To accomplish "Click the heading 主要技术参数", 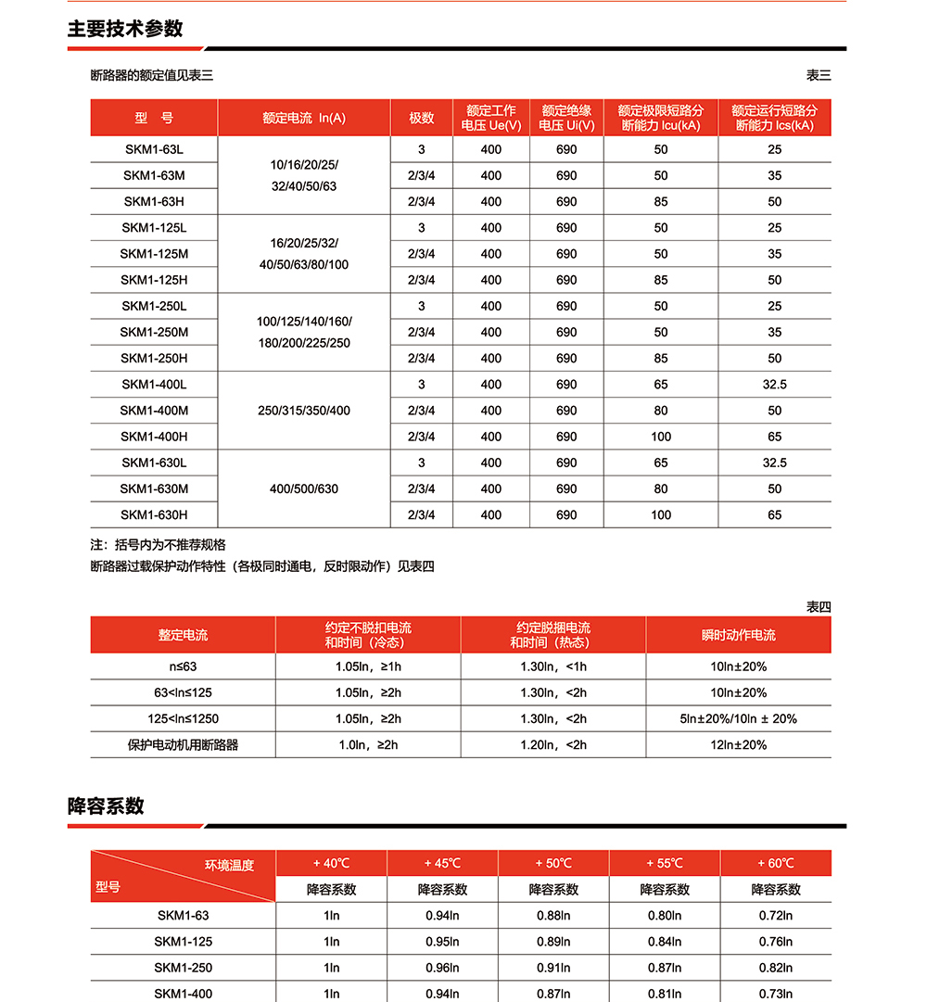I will [125, 29].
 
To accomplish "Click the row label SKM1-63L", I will [154, 149].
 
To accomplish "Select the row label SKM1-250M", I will [154, 332].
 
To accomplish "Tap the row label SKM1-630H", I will [154, 514].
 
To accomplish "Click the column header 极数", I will [422, 118].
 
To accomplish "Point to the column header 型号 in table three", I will [154, 118].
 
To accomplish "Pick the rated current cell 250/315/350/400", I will [304, 411].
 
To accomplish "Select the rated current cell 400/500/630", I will [304, 488].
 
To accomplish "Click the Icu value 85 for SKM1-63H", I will [661, 201].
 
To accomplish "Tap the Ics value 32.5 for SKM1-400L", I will [775, 384].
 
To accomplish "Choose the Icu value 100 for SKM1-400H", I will [661, 437].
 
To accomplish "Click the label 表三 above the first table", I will [819, 75].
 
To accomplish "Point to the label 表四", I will [819, 607].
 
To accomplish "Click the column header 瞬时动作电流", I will [738, 635].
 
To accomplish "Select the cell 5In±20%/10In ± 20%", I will [738, 718].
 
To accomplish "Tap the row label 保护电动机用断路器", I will [183, 744].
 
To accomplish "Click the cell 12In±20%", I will [738, 744].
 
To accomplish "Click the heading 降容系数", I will [106, 805].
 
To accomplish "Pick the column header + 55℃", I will [665, 863].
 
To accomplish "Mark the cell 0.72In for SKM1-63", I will [776, 915].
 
